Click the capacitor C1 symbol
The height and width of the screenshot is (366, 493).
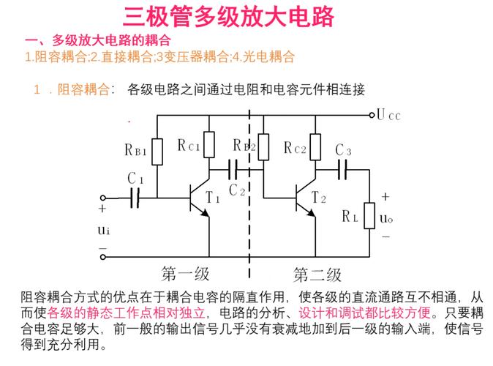click(135, 197)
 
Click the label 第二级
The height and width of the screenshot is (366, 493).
click(317, 274)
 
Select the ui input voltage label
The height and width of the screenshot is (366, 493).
click(103, 231)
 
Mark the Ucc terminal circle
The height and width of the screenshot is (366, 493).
click(371, 114)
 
